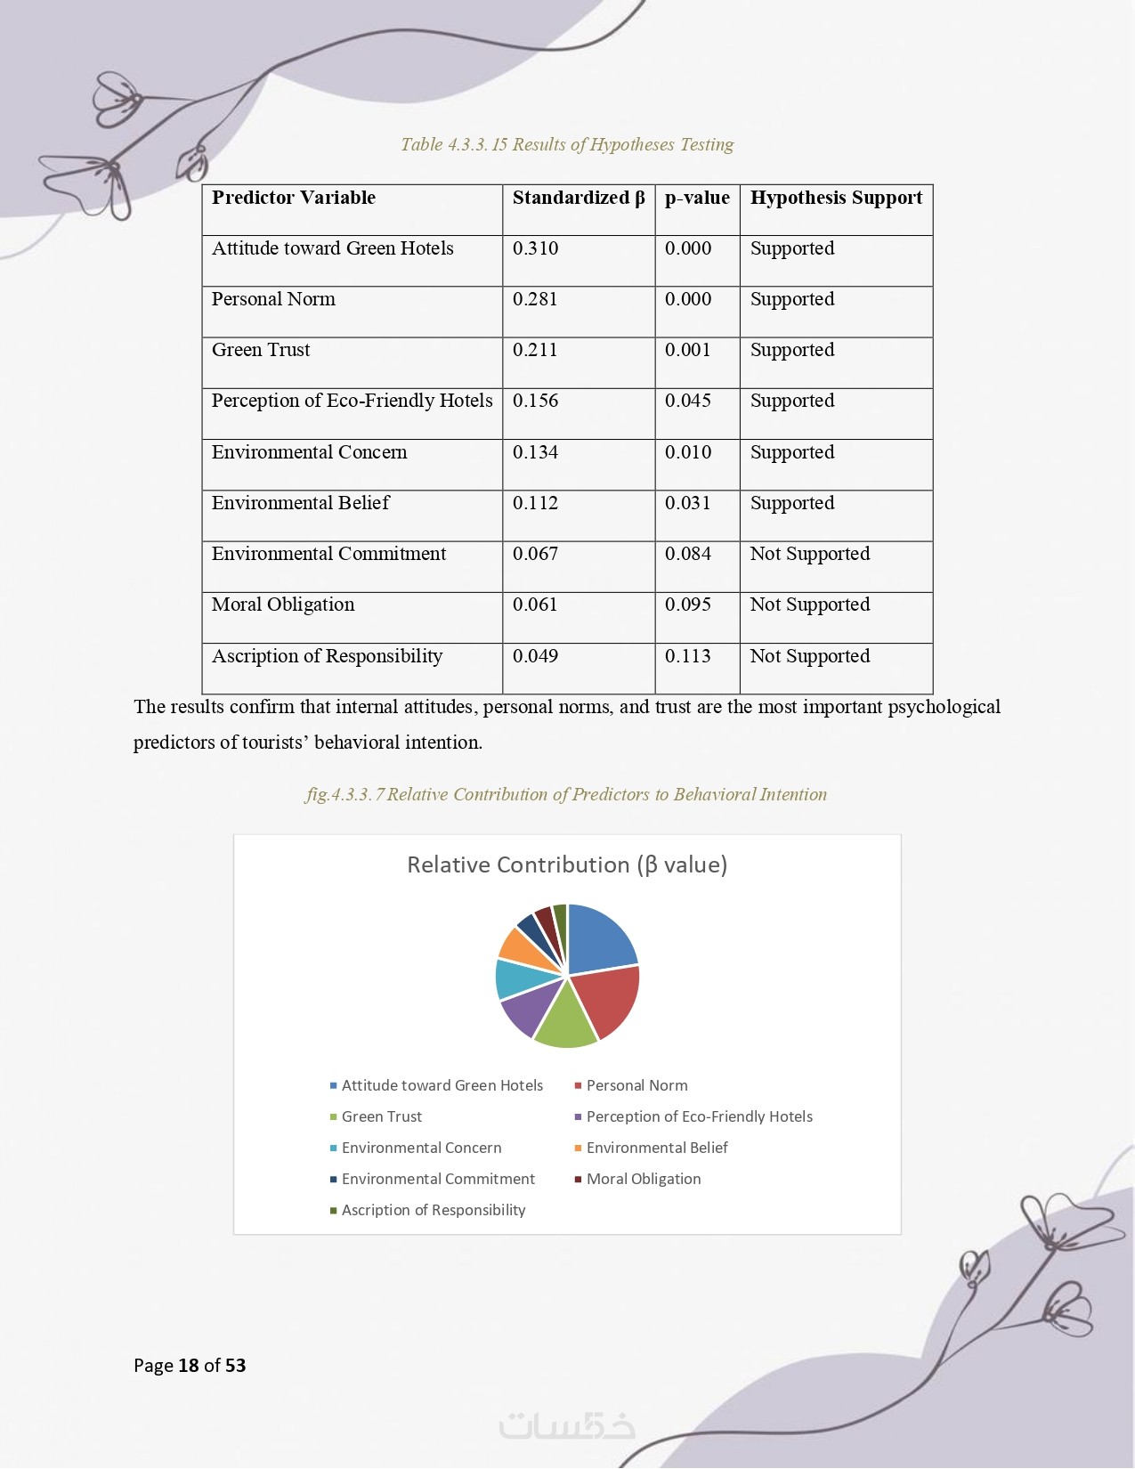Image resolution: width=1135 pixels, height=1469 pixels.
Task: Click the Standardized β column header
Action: click(x=578, y=198)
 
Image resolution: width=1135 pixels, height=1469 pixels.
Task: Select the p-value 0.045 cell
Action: click(x=688, y=401)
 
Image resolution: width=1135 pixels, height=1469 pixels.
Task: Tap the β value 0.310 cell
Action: click(x=535, y=248)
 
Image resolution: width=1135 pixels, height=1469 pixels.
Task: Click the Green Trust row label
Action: click(x=261, y=350)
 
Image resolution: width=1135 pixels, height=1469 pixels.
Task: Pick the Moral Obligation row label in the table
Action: click(x=283, y=605)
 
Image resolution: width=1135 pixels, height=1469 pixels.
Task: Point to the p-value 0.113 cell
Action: click(x=688, y=656)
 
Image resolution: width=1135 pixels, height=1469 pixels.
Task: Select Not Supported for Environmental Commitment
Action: click(x=809, y=554)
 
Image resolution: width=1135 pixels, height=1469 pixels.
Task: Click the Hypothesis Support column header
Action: click(x=836, y=198)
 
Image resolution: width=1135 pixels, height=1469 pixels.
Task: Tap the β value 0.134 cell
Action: click(x=535, y=452)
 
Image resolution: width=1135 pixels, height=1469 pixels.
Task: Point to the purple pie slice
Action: click(x=527, y=1010)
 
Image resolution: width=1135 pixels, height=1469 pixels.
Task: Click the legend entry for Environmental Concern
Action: click(x=421, y=1148)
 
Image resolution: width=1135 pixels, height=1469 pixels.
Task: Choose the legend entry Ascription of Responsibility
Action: click(x=433, y=1210)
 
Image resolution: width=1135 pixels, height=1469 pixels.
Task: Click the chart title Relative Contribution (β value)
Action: click(x=567, y=864)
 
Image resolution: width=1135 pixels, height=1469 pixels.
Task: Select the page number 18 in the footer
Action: click(x=188, y=1366)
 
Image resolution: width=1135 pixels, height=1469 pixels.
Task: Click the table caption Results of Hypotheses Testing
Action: click(x=567, y=144)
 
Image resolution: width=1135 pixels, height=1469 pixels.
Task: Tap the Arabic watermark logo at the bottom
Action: click(x=567, y=1425)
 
